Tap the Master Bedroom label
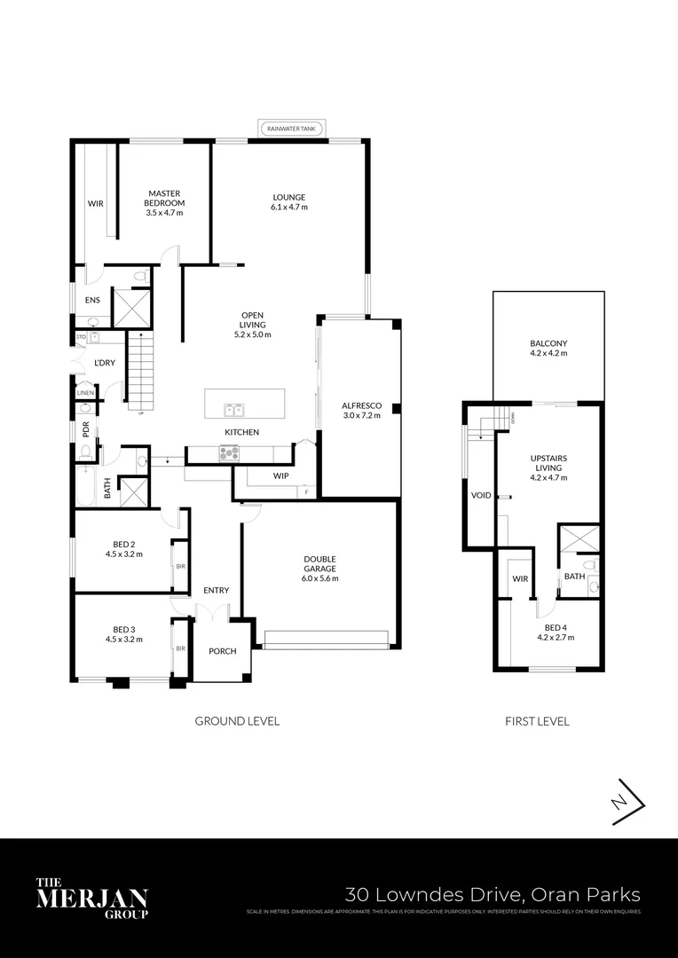[165, 192]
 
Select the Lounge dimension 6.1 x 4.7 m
[289, 208]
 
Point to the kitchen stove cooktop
[229, 453]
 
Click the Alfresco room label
[360, 405]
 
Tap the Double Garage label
[319, 559]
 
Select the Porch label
[222, 651]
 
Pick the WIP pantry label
[280, 476]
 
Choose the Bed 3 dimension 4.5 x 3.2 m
[123, 639]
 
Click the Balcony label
[548, 343]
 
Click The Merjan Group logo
[91, 898]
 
